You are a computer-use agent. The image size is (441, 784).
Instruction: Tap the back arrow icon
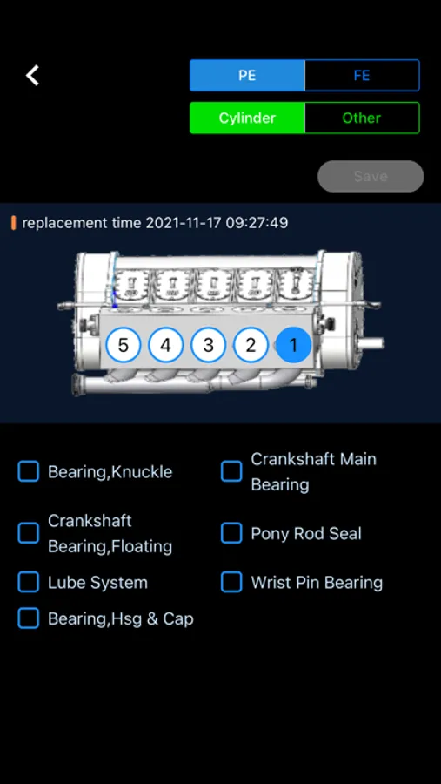pyautogui.click(x=32, y=76)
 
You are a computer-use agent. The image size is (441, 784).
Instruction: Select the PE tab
pyautogui.click(x=247, y=76)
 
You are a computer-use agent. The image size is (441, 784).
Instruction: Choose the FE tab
pyautogui.click(x=362, y=76)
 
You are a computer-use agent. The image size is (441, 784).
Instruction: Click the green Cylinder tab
pyautogui.click(x=247, y=118)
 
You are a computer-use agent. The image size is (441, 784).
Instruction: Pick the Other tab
pyautogui.click(x=362, y=118)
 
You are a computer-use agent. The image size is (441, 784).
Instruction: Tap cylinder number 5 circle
pyautogui.click(x=123, y=345)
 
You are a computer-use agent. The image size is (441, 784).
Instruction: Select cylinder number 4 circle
pyautogui.click(x=166, y=345)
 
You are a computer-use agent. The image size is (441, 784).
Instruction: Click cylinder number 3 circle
pyautogui.click(x=208, y=345)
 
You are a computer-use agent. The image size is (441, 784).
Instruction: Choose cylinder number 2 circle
pyautogui.click(x=251, y=345)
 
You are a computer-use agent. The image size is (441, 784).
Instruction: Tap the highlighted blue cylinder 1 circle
pyautogui.click(x=294, y=345)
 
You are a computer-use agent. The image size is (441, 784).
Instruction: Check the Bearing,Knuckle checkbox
pyautogui.click(x=29, y=471)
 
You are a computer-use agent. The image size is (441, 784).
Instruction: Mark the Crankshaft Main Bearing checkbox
pyautogui.click(x=231, y=471)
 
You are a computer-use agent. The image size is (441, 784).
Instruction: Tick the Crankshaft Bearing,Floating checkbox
pyautogui.click(x=29, y=533)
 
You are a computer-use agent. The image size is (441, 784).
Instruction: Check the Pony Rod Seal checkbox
pyautogui.click(x=231, y=533)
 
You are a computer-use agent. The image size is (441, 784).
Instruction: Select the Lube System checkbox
pyautogui.click(x=29, y=582)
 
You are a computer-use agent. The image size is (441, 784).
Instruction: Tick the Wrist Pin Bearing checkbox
pyautogui.click(x=231, y=582)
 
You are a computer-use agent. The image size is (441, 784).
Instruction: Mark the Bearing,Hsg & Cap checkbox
pyautogui.click(x=29, y=618)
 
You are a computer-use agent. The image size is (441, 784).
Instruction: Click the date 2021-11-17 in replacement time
pyautogui.click(x=184, y=222)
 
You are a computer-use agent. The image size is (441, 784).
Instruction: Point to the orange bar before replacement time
pyautogui.click(x=14, y=222)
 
